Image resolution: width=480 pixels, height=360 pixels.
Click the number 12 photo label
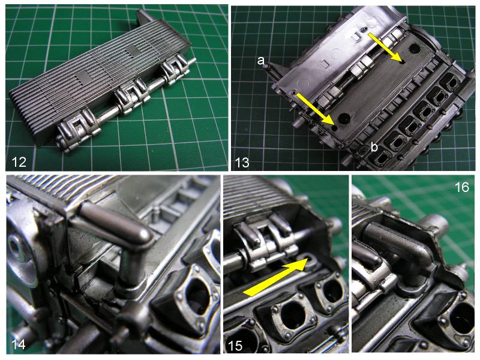19,161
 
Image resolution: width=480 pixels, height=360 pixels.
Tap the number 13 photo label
242,162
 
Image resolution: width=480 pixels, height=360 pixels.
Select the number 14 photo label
18,344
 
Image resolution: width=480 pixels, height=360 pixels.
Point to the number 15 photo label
235,346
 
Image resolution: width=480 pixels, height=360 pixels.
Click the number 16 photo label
461,187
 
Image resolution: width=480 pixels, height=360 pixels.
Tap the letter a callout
260,61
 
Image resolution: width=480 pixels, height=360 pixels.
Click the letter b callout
374,147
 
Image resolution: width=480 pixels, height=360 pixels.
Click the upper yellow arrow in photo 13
385,47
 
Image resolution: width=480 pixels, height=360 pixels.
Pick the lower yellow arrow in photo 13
314,109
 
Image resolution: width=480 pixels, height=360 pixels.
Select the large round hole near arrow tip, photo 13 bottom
344,118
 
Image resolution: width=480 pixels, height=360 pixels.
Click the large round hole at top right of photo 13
414,48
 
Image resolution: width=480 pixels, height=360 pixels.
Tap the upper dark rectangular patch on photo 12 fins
133,51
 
